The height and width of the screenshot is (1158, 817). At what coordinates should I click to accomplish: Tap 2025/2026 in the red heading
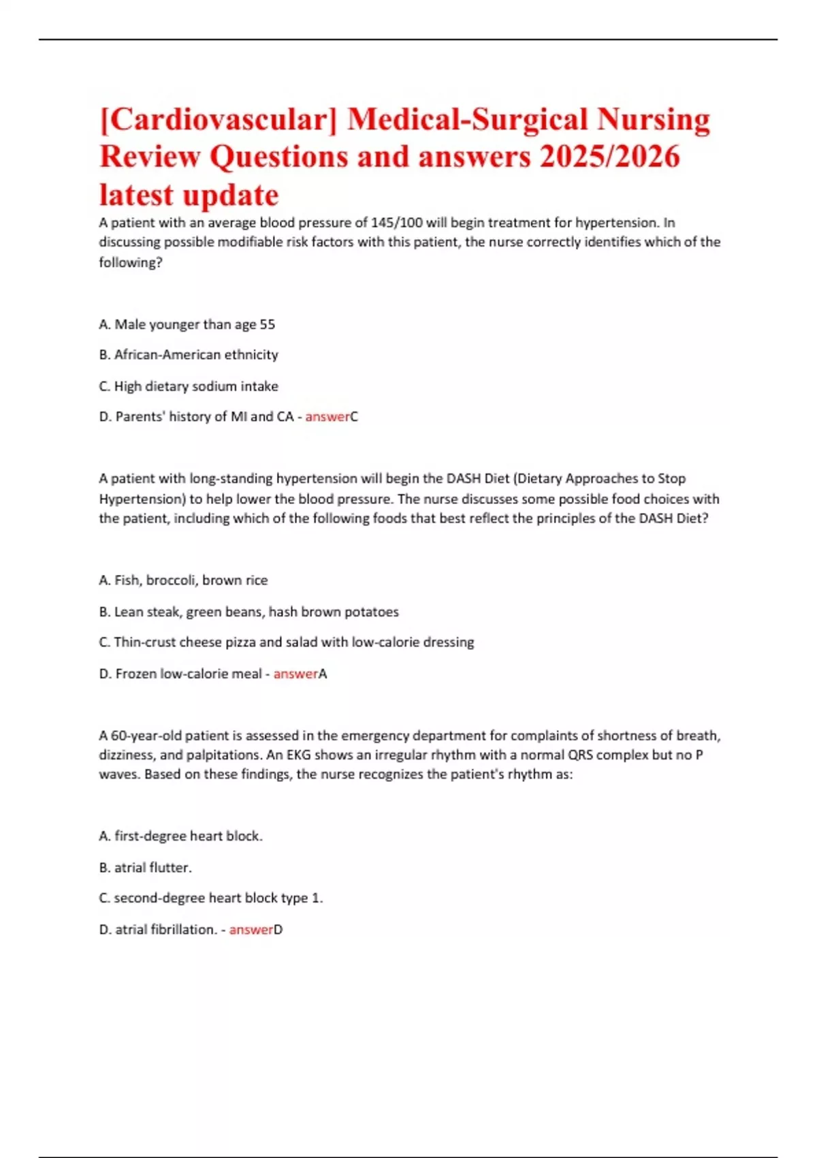coord(609,157)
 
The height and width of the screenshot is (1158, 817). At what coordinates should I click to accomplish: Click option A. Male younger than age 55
coord(187,324)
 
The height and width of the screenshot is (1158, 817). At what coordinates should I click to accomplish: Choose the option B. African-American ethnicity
coord(189,355)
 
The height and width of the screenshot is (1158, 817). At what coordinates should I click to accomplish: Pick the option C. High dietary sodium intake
coord(189,386)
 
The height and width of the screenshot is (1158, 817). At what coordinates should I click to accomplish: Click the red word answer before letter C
coord(327,417)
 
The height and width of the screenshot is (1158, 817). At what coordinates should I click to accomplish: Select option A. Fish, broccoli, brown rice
coord(183,580)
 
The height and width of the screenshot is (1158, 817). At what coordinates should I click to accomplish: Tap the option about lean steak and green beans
coord(249,612)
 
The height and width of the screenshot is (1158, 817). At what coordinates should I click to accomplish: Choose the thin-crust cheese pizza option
coord(286,642)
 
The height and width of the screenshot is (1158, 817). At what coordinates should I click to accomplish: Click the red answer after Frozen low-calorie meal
coord(295,674)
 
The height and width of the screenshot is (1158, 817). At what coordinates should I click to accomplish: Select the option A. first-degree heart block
coord(180,836)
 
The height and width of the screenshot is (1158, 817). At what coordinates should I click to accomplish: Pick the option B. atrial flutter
coord(145,867)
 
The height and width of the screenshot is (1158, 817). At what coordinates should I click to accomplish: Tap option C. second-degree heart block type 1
coord(211,898)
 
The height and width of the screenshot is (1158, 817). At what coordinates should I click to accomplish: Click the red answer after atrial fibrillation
coord(251,929)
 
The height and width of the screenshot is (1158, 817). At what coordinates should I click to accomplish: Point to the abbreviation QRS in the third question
coord(580,755)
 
